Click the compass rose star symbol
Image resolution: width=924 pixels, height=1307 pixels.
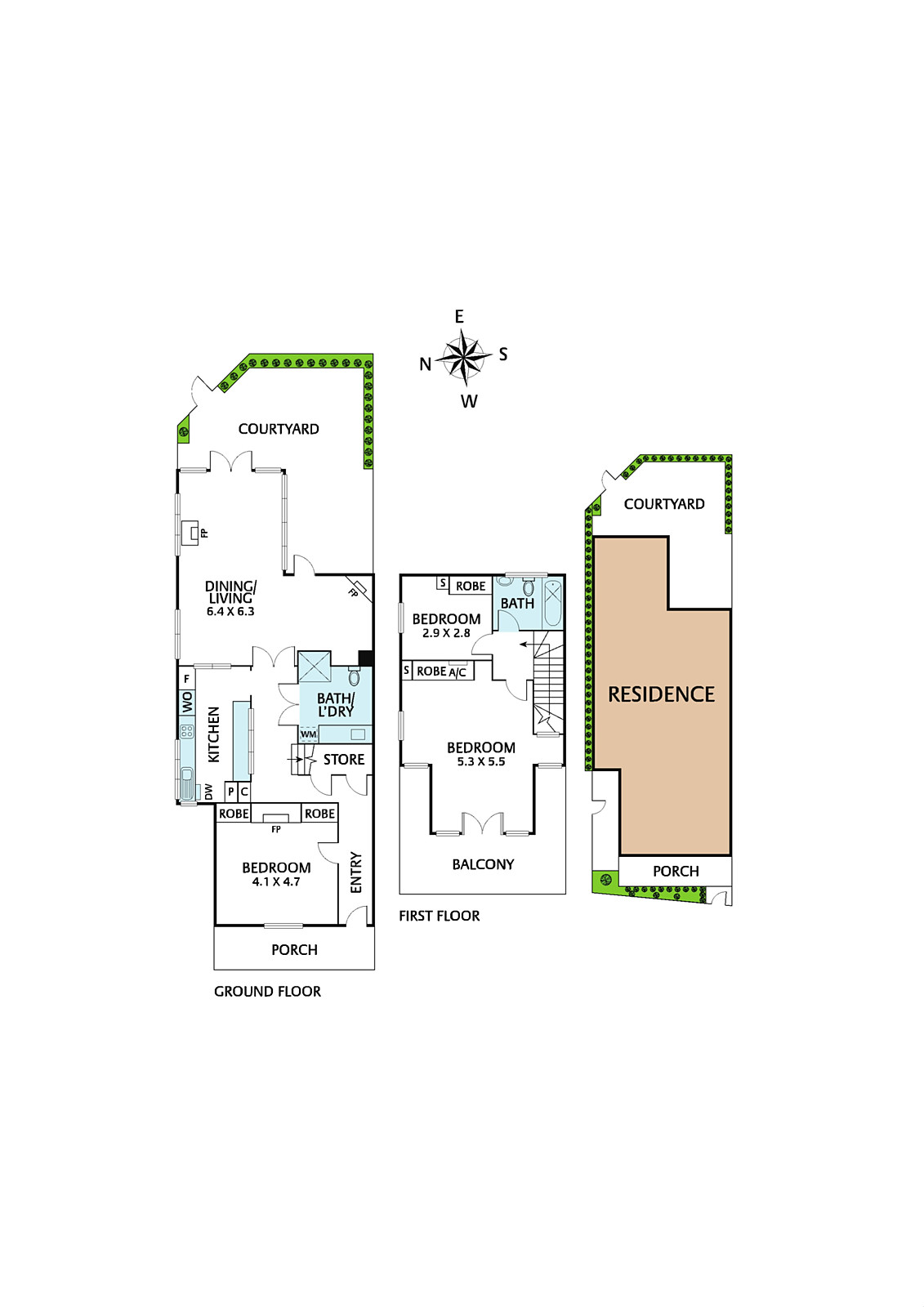coord(465,358)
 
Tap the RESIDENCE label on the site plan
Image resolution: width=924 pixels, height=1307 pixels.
coord(661,694)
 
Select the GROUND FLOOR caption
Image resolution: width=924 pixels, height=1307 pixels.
coord(267,992)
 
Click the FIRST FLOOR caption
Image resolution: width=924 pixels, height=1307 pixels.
coord(439,916)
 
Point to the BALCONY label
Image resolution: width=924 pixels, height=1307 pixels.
coord(483,864)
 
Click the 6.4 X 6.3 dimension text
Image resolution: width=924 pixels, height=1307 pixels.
coord(230,612)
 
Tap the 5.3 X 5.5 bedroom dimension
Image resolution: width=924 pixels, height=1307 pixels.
coord(481,761)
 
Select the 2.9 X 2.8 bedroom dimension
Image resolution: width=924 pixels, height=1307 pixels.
coord(446,633)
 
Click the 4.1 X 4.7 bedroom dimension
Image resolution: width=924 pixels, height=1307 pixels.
coord(276,881)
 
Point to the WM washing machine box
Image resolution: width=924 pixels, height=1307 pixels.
coord(309,734)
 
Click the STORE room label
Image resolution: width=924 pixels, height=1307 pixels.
coord(344,759)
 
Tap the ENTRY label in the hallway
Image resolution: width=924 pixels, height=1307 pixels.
coord(355,873)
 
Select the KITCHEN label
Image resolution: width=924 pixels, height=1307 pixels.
coord(213,734)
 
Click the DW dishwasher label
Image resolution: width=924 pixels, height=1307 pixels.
coord(208,792)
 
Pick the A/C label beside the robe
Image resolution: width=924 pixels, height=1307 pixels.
coord(457,673)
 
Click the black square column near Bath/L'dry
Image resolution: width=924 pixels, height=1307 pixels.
coord(365,658)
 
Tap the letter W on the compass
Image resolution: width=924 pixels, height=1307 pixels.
coord(469,401)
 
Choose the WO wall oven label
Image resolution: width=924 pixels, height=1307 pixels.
coord(187,703)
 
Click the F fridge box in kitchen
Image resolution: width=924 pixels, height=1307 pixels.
coord(187,679)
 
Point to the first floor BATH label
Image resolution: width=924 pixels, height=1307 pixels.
coord(518,604)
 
